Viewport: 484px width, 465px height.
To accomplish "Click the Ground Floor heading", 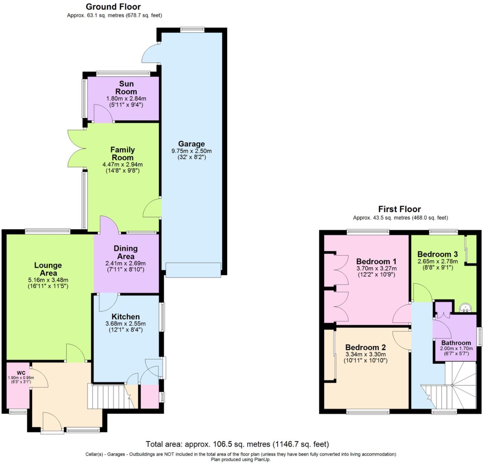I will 113,7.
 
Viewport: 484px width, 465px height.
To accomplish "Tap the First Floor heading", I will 399,209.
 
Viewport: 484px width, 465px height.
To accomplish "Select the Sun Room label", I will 126,88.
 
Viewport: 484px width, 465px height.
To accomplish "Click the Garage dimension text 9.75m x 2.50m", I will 191,151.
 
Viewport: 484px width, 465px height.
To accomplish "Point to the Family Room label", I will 123,153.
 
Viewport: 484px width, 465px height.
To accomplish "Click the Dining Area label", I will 125,252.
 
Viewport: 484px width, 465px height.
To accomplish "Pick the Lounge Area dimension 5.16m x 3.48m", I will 48,280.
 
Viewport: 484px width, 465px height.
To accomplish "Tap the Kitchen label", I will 125,317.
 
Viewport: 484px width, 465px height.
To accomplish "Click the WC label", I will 21,373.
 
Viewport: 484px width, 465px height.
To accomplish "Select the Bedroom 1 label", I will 376,262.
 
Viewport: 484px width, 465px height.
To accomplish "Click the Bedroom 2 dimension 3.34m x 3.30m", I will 366,354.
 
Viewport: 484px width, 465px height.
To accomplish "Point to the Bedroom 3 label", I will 437,254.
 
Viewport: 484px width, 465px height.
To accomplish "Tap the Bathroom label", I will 456,343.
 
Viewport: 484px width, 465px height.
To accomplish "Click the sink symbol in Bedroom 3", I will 465,308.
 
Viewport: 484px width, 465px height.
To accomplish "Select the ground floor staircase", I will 108,396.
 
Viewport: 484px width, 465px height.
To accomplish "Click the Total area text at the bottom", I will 237,444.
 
